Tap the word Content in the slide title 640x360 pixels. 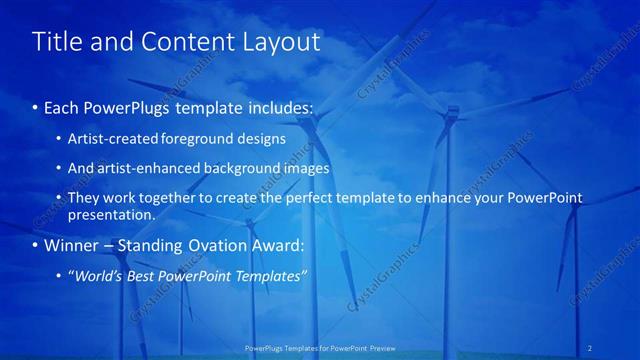click(x=183, y=42)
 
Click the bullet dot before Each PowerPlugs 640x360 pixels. click(x=36, y=106)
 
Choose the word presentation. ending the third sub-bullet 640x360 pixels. click(x=112, y=214)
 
